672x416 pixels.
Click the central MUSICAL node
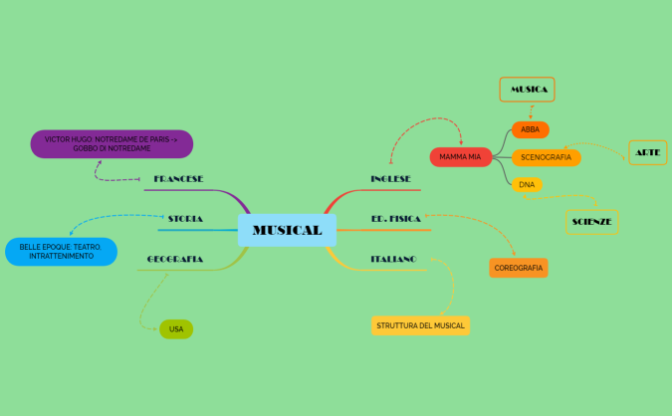coord(287,230)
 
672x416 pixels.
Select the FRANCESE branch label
coord(178,179)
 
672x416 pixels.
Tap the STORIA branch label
coord(185,218)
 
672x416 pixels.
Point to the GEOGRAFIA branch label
coord(175,259)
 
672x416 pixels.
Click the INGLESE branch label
coord(390,178)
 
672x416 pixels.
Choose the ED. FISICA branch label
coord(395,217)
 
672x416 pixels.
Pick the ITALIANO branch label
coord(393,258)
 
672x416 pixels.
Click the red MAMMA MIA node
coord(460,157)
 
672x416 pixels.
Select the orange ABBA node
coord(530,129)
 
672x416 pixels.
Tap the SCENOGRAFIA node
coord(546,157)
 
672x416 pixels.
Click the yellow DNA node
coord(528,184)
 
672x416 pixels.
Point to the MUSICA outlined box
coord(527,90)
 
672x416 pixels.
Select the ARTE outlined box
coord(647,152)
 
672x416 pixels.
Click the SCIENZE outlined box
coord(591,221)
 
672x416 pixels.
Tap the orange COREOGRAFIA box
coord(519,268)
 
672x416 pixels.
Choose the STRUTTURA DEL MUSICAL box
coord(419,325)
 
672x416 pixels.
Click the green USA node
coord(176,328)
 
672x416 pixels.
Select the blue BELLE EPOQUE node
coord(60,251)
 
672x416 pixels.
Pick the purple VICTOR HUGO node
coord(111,143)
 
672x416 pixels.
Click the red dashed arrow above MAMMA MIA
coord(423,124)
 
